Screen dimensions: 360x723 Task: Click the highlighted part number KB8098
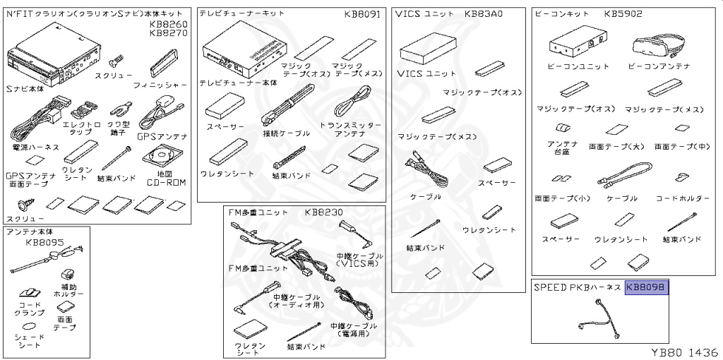(647, 287)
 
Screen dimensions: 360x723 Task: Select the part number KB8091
(362, 13)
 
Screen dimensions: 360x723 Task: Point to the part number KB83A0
(484, 13)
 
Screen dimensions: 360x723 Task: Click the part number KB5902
(623, 13)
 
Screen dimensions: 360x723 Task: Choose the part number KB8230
(324, 212)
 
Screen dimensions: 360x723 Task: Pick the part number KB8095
(44, 242)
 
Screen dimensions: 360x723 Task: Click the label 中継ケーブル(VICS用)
(359, 259)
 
